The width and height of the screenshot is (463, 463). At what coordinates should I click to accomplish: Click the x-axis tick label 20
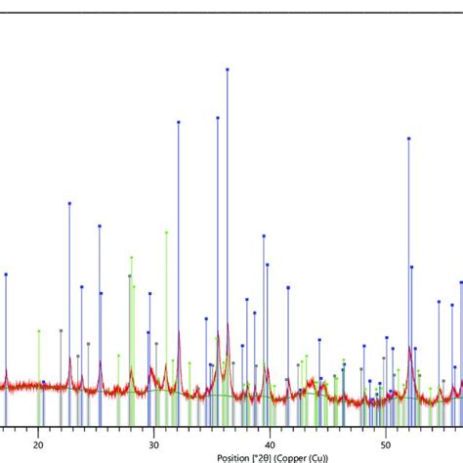39,442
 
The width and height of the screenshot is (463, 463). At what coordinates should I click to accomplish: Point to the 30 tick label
153,442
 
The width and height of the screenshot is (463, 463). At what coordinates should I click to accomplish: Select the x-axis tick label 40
269,442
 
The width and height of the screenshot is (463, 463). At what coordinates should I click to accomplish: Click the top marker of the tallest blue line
228,70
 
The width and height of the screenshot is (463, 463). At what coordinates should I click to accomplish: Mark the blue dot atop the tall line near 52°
408,139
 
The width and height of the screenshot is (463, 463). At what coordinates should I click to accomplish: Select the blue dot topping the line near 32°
179,122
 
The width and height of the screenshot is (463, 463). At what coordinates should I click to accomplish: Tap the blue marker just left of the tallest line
217,117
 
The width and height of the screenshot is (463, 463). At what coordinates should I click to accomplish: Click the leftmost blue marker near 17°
6,274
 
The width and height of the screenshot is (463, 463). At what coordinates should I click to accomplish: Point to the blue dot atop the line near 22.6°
69,203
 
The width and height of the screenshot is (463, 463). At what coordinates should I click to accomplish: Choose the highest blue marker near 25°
99,226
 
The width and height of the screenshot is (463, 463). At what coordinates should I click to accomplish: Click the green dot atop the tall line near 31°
167,232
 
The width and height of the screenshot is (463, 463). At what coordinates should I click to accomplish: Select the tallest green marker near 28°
132,257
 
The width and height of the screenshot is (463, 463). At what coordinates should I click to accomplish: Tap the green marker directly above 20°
39,331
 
